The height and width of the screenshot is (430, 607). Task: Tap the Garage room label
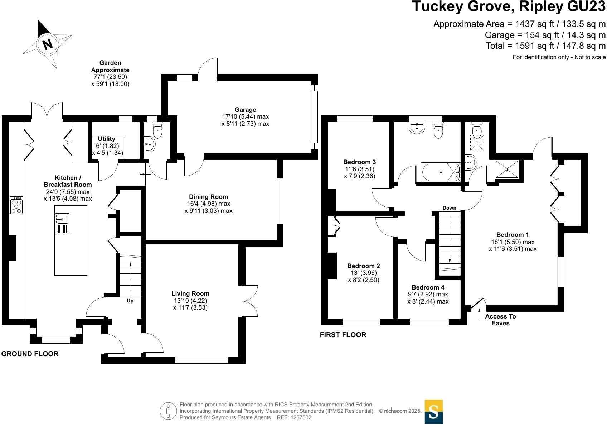pos(245,110)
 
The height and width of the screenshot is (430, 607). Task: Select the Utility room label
pos(107,139)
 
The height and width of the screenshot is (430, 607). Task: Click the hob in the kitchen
pos(16,206)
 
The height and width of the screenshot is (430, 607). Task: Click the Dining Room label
pos(208,197)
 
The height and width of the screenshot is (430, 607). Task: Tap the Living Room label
pos(190,293)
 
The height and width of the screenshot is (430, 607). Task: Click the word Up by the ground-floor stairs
pos(130,301)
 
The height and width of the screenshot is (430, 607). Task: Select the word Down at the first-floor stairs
pos(449,208)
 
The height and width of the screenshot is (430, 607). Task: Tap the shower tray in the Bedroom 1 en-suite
pos(506,169)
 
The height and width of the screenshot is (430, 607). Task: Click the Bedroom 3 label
pos(359,162)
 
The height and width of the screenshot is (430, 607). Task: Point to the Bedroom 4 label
pos(428,287)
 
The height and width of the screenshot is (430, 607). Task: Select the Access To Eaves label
pos(500,320)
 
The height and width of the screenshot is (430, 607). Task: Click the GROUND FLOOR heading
pos(30,354)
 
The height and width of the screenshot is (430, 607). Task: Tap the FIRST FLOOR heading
pos(343,335)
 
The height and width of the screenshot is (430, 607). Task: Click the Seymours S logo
pos(433,412)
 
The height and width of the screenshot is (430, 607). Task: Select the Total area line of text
pos(545,46)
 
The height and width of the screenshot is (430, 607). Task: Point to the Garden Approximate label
pos(110,66)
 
